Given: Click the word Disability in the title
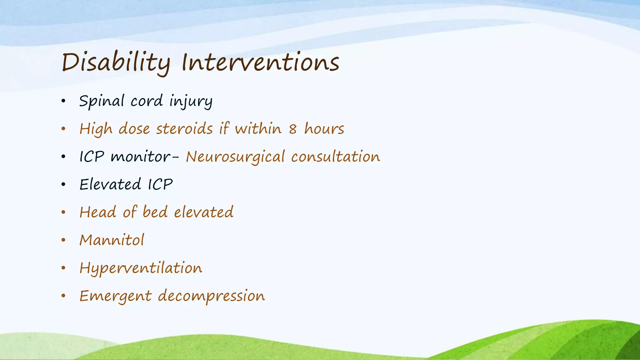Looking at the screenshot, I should click(116, 62).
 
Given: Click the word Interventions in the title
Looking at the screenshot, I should click(260, 62).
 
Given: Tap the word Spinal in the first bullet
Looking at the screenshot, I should click(102, 101).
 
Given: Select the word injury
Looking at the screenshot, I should click(191, 101).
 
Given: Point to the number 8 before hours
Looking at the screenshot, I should click(292, 129).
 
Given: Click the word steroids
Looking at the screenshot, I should click(184, 129).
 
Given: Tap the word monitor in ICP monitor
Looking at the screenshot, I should click(141, 157).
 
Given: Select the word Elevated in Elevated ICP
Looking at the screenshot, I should click(110, 184).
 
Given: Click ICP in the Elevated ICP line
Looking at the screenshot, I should click(160, 184).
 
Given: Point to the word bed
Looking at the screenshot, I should click(155, 212).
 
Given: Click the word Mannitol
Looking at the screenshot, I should click(112, 240).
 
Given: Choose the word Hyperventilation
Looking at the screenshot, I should click(141, 268).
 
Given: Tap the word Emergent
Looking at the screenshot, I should click(116, 296).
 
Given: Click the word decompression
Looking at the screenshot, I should click(211, 296).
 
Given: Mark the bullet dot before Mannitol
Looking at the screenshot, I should click(63, 240).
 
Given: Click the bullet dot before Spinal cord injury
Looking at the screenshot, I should click(63, 101).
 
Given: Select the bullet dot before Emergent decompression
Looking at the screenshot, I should click(63, 296).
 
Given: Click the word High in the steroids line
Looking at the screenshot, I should click(96, 129).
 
